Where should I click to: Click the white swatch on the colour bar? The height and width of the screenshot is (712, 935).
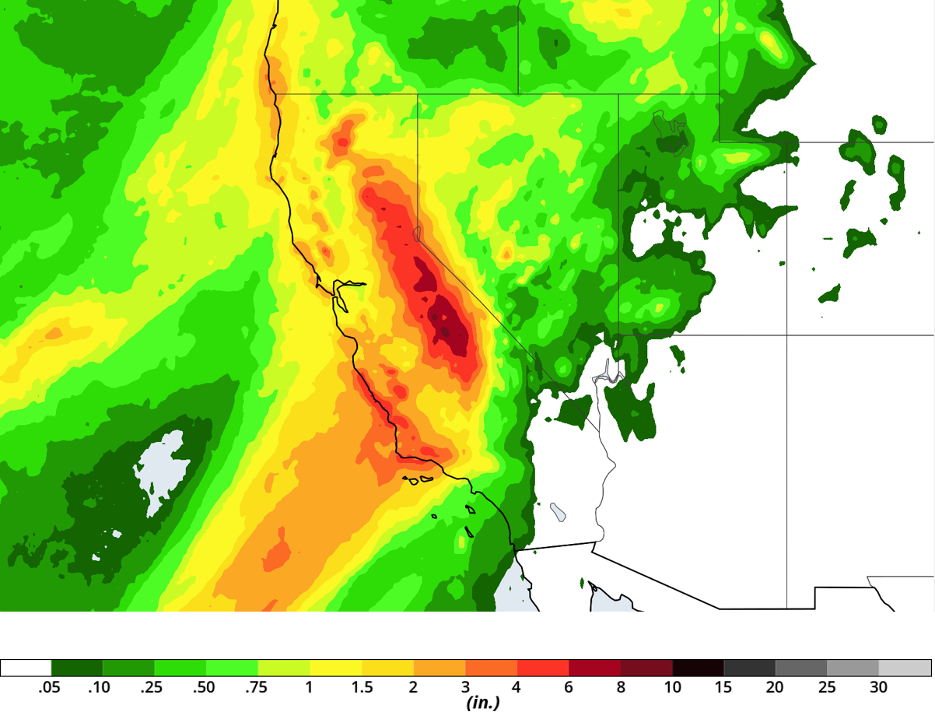26,668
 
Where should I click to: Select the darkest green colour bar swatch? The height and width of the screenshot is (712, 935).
77,668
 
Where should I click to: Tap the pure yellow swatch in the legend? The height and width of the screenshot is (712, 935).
336,668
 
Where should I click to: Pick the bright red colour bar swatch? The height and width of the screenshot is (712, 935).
543,668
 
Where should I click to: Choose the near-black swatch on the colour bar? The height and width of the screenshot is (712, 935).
698,668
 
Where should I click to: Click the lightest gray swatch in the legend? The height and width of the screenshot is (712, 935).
905,668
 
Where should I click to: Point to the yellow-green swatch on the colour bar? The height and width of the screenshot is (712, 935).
284,668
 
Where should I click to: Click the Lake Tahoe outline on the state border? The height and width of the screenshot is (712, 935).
417,233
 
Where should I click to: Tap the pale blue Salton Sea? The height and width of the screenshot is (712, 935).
558,511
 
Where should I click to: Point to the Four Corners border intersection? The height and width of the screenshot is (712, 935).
786,335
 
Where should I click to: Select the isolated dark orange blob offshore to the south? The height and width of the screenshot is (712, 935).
277,554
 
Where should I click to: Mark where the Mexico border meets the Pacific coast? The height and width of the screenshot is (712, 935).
515,551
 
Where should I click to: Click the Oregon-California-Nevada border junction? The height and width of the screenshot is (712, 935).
418,94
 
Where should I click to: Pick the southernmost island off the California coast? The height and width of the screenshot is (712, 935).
469,532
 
